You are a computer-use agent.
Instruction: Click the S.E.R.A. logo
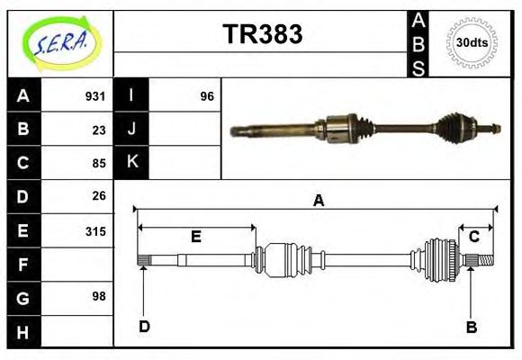click(x=58, y=43)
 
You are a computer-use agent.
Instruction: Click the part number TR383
click(x=262, y=34)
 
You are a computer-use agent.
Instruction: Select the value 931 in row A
click(x=95, y=96)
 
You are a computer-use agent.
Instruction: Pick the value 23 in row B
click(x=99, y=130)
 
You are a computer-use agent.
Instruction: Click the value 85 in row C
click(x=99, y=164)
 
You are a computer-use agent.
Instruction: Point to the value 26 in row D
click(x=99, y=196)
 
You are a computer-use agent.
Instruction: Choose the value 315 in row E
click(x=95, y=230)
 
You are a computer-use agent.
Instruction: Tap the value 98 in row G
click(x=99, y=296)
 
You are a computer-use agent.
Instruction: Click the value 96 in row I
click(x=207, y=96)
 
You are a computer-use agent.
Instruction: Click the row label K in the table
click(x=131, y=163)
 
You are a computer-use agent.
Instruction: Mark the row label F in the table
click(x=23, y=264)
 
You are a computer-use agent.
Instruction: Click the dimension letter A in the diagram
click(x=318, y=201)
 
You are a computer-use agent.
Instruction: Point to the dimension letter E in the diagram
click(x=195, y=237)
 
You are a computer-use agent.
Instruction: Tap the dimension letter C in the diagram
click(x=473, y=237)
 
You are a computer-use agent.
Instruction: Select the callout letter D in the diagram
click(x=144, y=326)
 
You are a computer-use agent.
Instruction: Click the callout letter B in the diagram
click(x=471, y=327)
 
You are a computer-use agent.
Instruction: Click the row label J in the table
click(x=131, y=130)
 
